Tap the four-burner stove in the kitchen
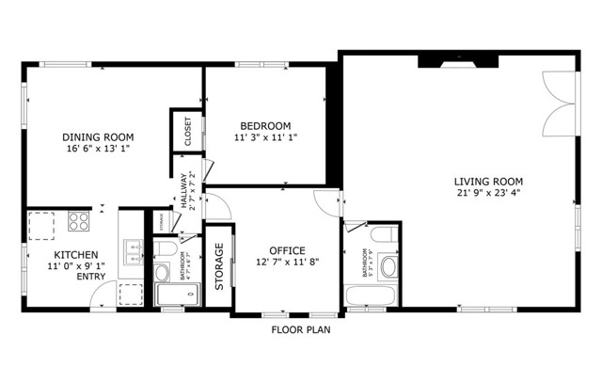click(x=79, y=223)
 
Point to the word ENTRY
click(x=91, y=277)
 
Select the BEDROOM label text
click(x=265, y=126)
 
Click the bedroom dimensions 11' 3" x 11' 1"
click(x=265, y=138)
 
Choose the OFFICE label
click(x=286, y=250)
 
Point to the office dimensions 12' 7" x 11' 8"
click(x=286, y=263)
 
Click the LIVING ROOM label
click(x=488, y=182)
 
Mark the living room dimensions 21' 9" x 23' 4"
click(x=488, y=195)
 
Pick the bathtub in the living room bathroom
click(x=374, y=295)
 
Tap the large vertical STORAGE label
click(x=219, y=267)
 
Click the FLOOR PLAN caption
click(x=301, y=330)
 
